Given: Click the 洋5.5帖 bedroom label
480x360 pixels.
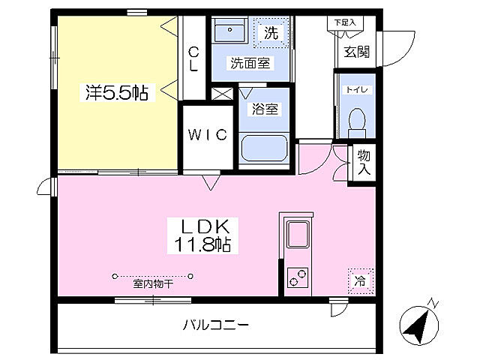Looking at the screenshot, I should coord(115,93).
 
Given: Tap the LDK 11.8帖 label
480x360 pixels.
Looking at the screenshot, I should coord(202,235).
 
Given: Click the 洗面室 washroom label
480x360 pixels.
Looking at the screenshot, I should coord(250,64).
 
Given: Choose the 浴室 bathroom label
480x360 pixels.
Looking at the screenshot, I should coord(265,109).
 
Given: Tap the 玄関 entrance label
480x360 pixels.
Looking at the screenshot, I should coord(355,52).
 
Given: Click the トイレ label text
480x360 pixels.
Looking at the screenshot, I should coord(355,90).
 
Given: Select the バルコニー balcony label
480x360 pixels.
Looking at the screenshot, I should coord(216,325).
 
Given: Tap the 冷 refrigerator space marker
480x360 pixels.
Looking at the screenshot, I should coord(360,280).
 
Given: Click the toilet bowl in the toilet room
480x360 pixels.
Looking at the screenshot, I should coord(358,120).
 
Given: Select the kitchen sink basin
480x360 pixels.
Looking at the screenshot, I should coord(299,235).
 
